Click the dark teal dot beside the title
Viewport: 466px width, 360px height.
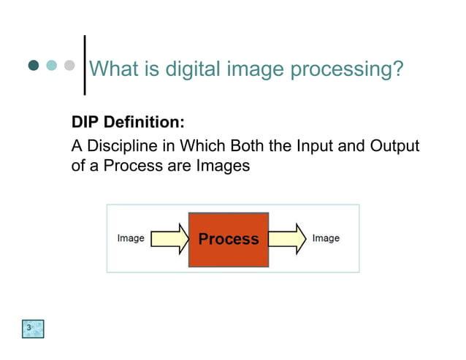34,66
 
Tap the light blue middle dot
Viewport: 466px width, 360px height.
51,66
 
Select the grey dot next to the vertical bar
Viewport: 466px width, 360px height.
69,66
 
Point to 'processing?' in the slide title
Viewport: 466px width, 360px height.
346,70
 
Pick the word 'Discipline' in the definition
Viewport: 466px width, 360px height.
118,146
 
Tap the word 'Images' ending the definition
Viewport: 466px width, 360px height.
223,166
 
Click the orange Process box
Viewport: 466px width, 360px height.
229,240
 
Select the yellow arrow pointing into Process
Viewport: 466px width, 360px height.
169,239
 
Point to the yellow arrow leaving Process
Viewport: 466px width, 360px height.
288,239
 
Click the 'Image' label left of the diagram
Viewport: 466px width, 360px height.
131,238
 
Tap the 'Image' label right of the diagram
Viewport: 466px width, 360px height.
326,238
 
